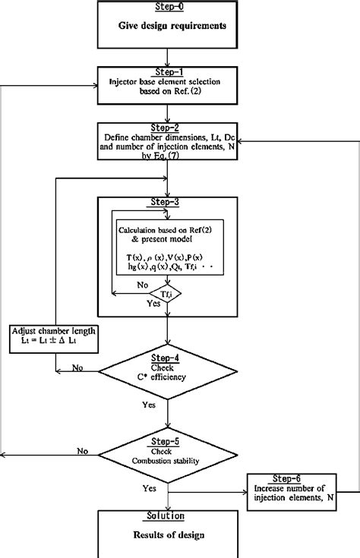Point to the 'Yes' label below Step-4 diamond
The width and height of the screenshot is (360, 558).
point(149,405)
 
